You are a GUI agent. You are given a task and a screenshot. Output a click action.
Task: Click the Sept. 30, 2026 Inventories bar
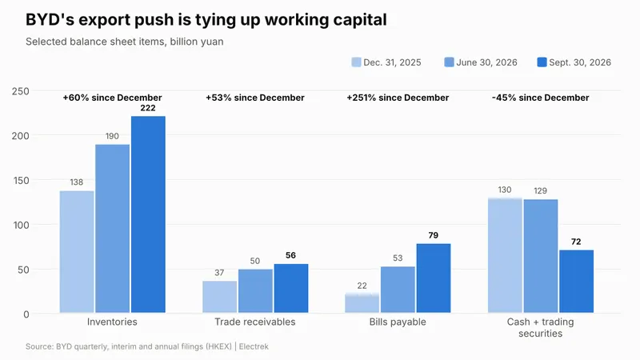[x=148, y=214]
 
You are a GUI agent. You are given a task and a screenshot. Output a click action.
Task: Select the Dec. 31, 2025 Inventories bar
[x=77, y=252]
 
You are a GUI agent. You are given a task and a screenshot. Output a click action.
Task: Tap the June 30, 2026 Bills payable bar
[x=398, y=290]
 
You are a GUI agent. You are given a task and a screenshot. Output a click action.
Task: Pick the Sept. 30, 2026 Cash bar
[x=576, y=282]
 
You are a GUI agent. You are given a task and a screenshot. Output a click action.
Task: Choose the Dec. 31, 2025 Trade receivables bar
[x=219, y=297]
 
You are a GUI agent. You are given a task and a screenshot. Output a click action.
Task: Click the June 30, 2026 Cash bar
[x=541, y=256]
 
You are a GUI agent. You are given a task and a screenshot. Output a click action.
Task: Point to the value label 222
[x=148, y=108]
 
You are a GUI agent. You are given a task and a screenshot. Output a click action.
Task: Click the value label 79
[x=433, y=235]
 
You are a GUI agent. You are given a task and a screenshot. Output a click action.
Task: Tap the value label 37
[x=219, y=273]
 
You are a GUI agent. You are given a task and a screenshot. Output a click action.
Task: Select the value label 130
[x=505, y=190]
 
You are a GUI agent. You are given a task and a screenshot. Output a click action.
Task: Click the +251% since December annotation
[x=398, y=98]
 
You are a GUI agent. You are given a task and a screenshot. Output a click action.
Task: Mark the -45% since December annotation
[x=541, y=98]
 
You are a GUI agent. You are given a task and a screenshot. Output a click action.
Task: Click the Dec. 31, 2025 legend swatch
[x=356, y=62]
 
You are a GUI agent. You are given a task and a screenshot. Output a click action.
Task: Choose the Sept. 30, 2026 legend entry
[x=574, y=62]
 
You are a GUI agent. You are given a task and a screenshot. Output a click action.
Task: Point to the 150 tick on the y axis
[x=21, y=181]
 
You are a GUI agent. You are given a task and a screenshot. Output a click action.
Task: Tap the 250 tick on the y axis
[x=21, y=91]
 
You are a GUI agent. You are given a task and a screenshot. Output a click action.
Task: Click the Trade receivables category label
[x=255, y=322]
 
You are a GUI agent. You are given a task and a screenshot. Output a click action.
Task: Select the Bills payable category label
[x=398, y=322]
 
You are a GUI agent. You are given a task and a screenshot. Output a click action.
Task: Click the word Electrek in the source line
[x=254, y=346]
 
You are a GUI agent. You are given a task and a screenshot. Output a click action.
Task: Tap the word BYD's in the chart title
[x=50, y=19]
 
